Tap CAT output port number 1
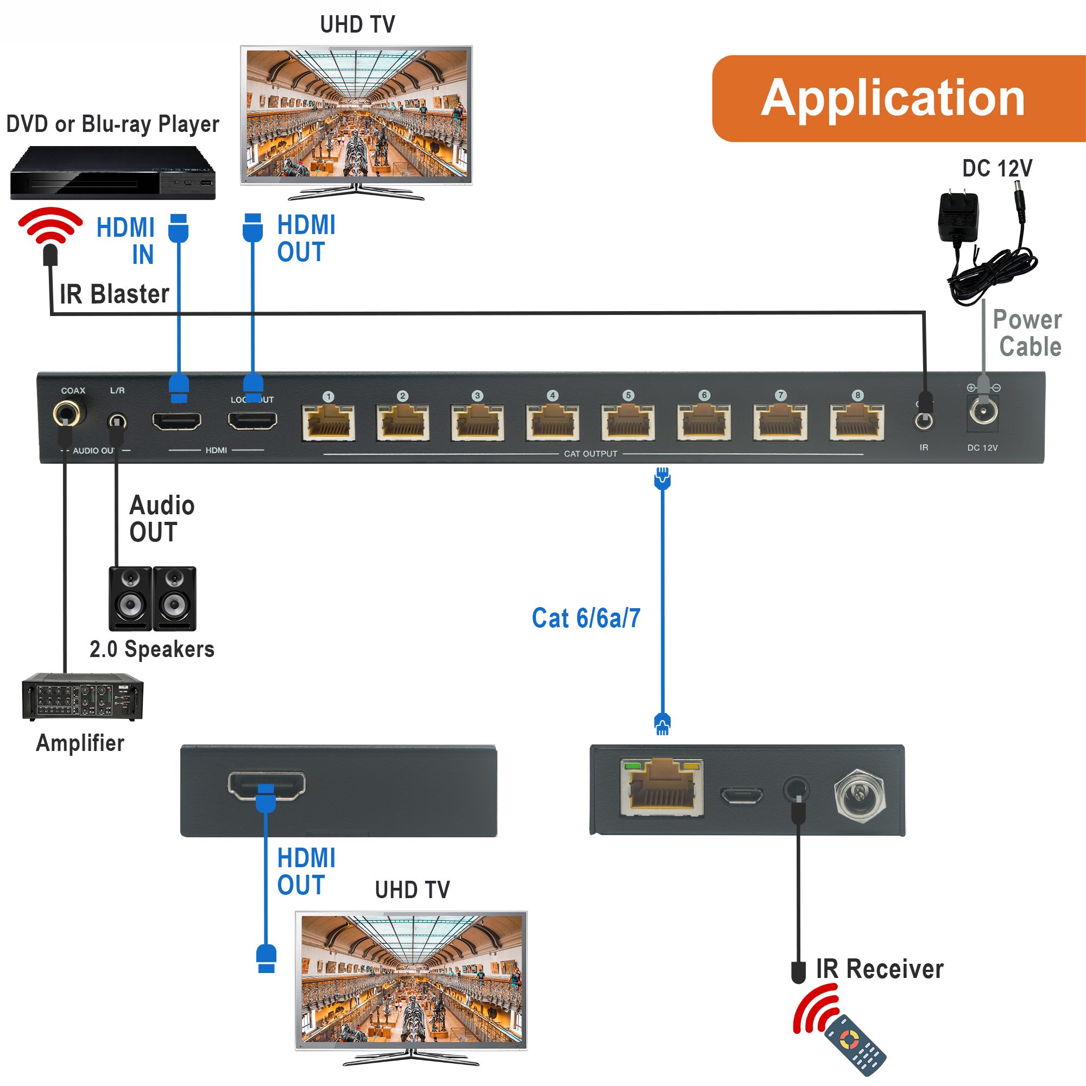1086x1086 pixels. pos(329,422)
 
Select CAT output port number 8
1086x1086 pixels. pos(857,422)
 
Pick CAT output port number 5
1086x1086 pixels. pos(628,422)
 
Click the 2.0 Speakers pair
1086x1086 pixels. pos(153,598)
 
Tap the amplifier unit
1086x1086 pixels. pos(83,697)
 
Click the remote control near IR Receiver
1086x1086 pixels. pos(854,1044)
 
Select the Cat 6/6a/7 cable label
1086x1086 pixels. pos(586,618)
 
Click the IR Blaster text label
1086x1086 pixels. pos(114,294)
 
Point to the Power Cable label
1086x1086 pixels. pos(1027,333)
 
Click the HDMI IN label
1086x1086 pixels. pos(127,241)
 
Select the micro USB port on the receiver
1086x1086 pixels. pos(741,796)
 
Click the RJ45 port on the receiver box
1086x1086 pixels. pos(662,787)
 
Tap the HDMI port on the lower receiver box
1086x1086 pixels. pos(267,784)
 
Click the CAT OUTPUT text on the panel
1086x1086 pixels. pos(590,453)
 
